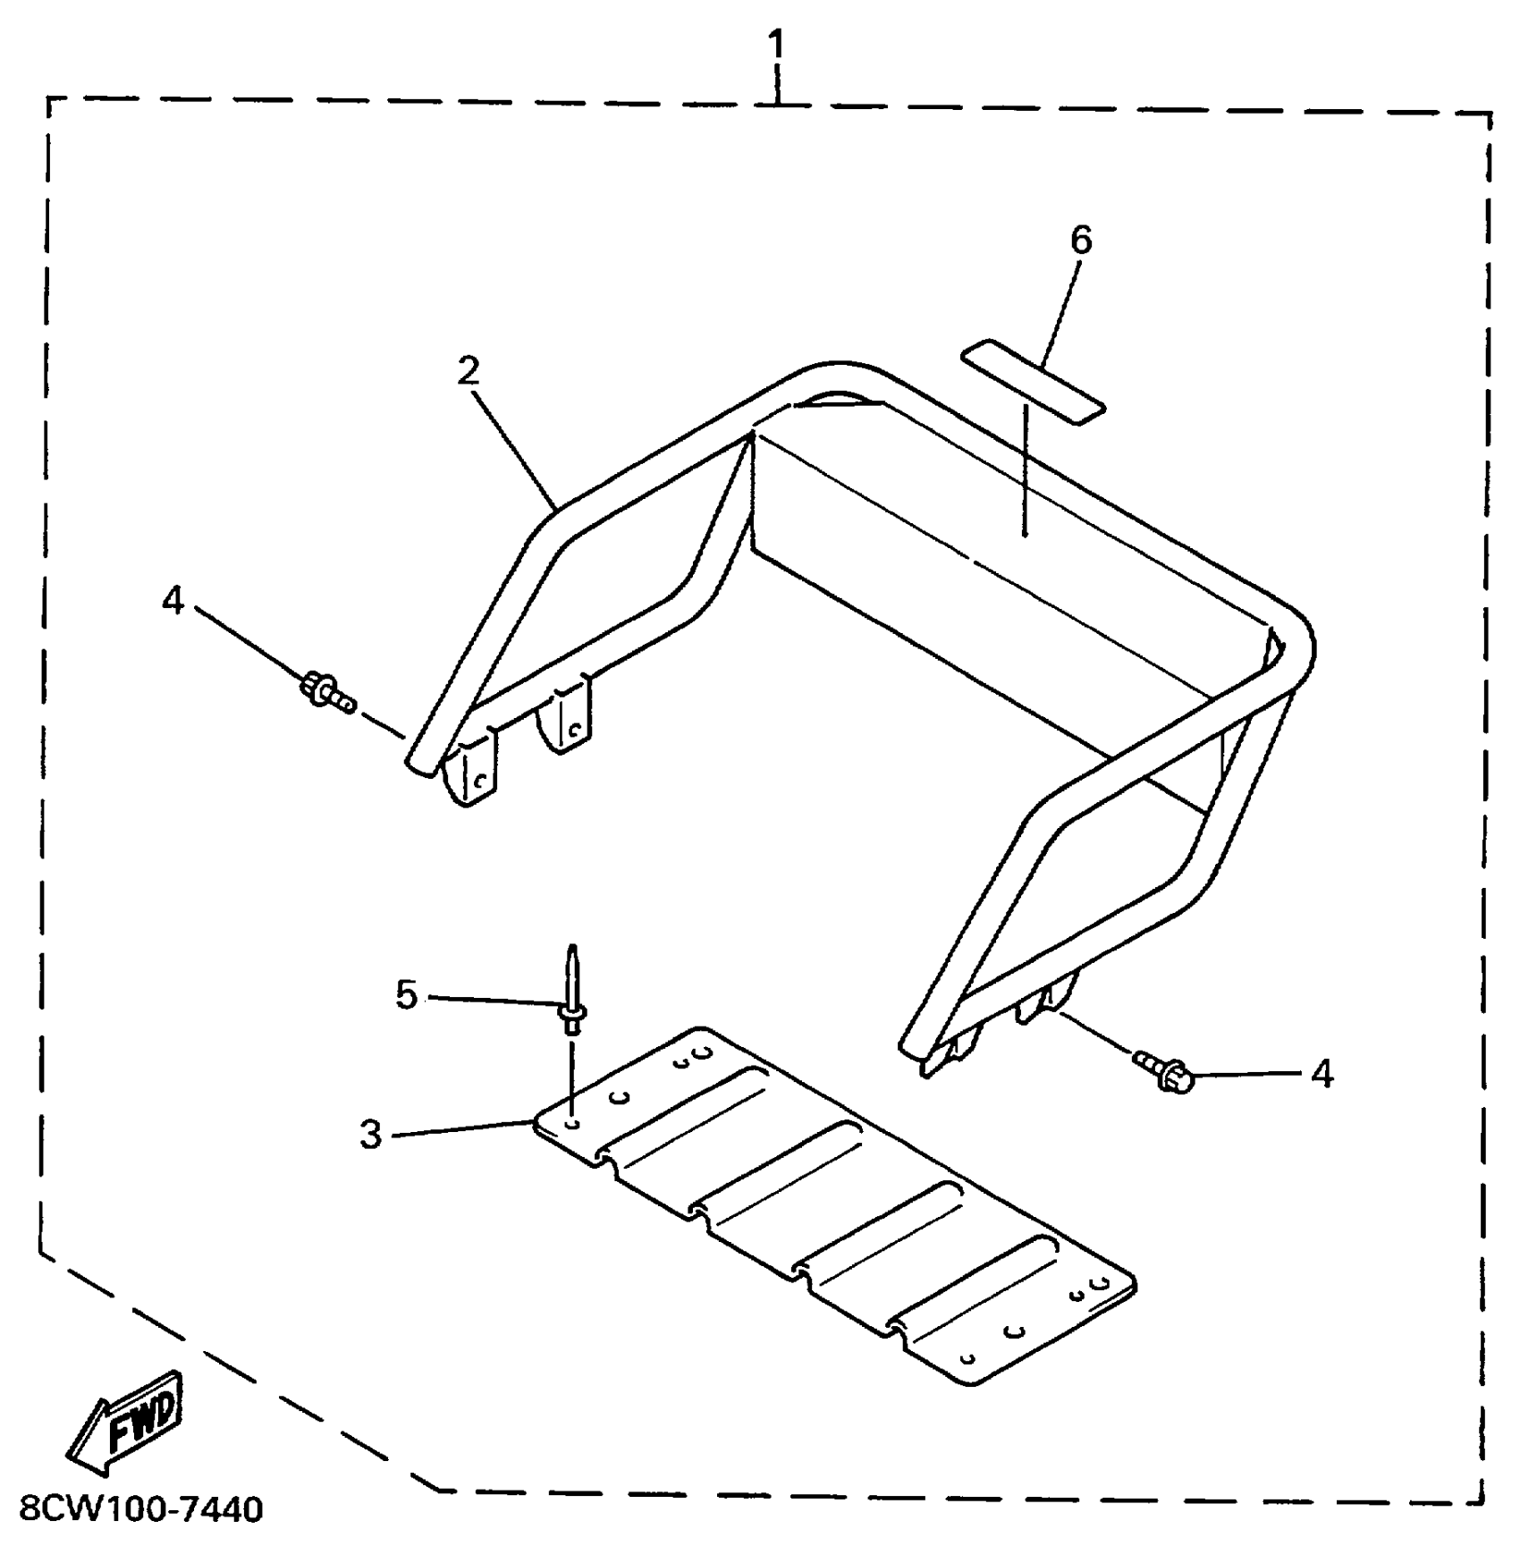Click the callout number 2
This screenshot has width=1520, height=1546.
[469, 371]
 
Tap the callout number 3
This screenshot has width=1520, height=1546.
[370, 1134]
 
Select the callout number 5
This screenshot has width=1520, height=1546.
[407, 995]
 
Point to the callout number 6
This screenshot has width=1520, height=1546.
[1081, 240]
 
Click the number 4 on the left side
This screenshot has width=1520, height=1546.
[173, 601]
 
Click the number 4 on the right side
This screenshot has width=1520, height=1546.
[1322, 1073]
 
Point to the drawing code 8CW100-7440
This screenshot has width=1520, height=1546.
[141, 1509]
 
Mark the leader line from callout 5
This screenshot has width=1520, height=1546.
[492, 1001]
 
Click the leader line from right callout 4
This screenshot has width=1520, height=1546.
[1252, 1073]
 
